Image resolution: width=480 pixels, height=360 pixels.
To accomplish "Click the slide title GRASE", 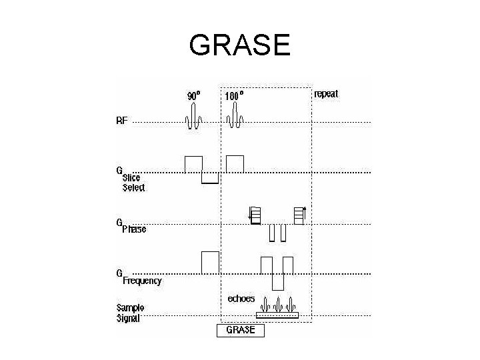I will (239, 45).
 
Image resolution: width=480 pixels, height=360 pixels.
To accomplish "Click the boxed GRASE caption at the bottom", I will (241, 330).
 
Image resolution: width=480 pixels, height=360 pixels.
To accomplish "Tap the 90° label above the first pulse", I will (193, 95).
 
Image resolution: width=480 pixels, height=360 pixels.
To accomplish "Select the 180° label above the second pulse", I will (234, 95).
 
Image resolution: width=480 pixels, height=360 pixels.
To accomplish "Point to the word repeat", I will (326, 94).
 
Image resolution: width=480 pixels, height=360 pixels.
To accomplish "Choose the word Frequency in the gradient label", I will (142, 281).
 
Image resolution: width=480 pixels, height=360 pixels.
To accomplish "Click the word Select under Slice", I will (133, 187).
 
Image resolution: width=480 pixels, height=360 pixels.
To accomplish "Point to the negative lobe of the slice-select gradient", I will (210, 178).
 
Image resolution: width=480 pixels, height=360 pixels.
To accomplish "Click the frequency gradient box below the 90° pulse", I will (210, 261).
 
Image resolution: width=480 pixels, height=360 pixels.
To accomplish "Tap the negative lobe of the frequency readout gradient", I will (277, 281).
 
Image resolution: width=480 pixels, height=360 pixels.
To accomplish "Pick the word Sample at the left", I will (131, 307).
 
